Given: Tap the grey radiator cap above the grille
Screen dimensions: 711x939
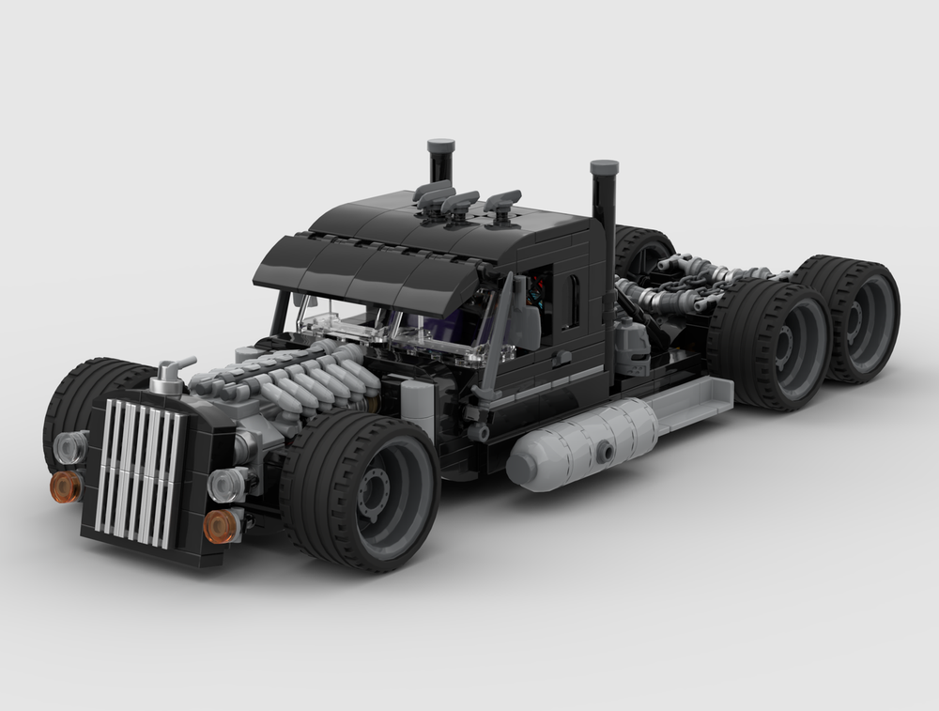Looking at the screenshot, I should (169, 375).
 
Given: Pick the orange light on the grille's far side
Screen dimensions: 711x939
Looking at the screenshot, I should (67, 486).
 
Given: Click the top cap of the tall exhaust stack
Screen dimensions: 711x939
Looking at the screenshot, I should (604, 168).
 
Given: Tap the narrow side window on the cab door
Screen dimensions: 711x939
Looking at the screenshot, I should (570, 301).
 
